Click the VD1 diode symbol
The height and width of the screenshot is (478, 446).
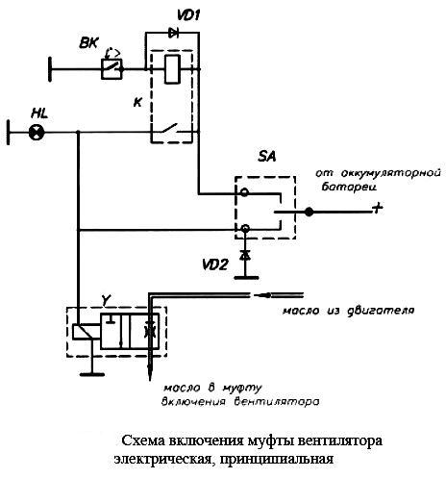[174, 33]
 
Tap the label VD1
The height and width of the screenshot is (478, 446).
[188, 14]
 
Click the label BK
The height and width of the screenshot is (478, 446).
[89, 43]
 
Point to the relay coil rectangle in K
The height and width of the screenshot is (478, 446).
[172, 69]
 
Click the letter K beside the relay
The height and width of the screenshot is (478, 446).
[137, 103]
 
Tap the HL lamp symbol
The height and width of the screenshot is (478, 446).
[37, 132]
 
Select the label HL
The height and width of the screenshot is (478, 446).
[39, 113]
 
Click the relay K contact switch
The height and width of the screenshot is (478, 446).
[170, 128]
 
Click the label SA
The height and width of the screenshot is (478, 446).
[267, 157]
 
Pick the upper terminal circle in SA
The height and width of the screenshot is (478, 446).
[244, 192]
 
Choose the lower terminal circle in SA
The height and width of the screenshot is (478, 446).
[245, 228]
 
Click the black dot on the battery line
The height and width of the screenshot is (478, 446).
[309, 212]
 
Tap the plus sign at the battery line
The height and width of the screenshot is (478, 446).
[378, 208]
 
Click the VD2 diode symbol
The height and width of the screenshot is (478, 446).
[245, 255]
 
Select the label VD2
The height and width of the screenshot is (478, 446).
[215, 264]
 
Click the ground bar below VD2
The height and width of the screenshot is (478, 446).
[246, 278]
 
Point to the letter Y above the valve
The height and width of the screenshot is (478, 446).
[106, 300]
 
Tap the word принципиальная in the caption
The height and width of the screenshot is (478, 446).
[277, 459]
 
